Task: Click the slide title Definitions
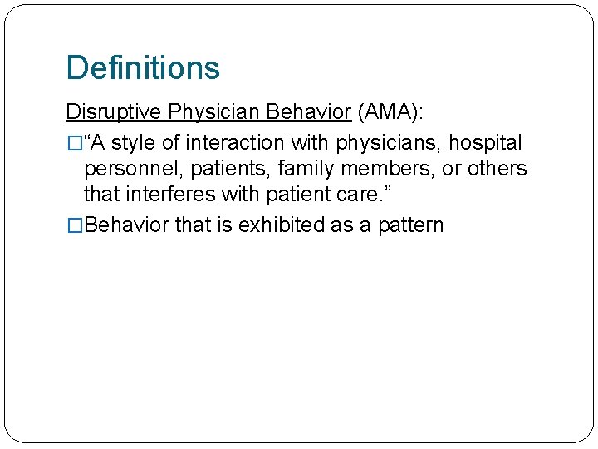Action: (143, 67)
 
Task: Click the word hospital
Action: (485, 143)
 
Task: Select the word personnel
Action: (134, 169)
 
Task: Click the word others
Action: (497, 169)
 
